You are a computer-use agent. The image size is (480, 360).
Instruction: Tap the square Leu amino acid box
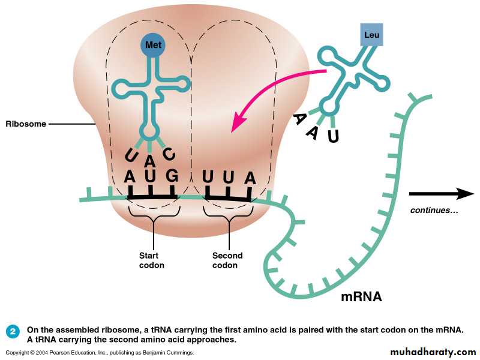[371, 35]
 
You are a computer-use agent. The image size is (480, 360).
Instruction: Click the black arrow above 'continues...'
[441, 194]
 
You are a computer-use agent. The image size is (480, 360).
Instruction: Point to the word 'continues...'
[434, 211]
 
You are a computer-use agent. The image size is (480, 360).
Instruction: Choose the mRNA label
[361, 296]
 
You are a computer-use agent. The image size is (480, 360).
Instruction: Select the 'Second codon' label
[227, 260]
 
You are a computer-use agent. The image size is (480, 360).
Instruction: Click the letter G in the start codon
[172, 177]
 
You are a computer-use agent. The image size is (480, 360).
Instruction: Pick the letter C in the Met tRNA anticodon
[170, 155]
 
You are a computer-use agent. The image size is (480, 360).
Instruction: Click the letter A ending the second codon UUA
[250, 178]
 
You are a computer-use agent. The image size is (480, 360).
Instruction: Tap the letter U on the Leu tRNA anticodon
[333, 137]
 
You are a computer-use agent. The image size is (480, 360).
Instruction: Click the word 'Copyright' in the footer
[19, 353]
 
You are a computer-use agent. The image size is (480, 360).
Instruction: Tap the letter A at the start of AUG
[129, 177]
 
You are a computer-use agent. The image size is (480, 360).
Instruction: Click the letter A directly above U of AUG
[150, 161]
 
